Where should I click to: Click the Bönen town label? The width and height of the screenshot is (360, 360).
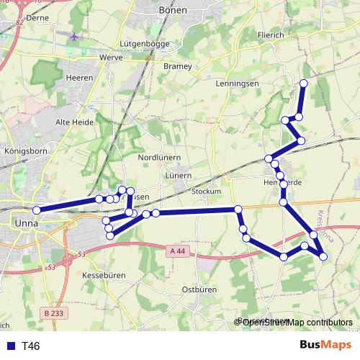(x=172, y=10)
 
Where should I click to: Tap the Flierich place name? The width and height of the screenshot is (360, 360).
(x=270, y=34)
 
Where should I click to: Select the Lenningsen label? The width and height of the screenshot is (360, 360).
(x=237, y=84)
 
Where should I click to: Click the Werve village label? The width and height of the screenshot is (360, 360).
(x=112, y=57)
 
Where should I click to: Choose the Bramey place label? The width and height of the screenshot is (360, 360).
(x=178, y=66)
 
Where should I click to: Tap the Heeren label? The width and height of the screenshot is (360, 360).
(x=79, y=78)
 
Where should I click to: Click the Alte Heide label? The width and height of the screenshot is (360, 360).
(x=75, y=122)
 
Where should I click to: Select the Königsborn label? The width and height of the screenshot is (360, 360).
(x=25, y=152)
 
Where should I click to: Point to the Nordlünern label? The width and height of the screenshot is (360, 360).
(x=159, y=157)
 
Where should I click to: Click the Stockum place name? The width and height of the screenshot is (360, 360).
(x=207, y=192)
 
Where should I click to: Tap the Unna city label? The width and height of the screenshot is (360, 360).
(x=26, y=223)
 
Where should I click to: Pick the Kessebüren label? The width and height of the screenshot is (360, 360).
(x=104, y=276)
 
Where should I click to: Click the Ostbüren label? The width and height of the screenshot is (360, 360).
(x=199, y=289)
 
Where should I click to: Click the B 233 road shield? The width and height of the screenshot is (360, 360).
(x=53, y=313)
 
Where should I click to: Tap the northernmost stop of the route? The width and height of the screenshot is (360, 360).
(x=304, y=84)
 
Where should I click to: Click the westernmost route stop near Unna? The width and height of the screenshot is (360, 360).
(x=36, y=210)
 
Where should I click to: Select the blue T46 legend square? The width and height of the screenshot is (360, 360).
(x=11, y=346)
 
